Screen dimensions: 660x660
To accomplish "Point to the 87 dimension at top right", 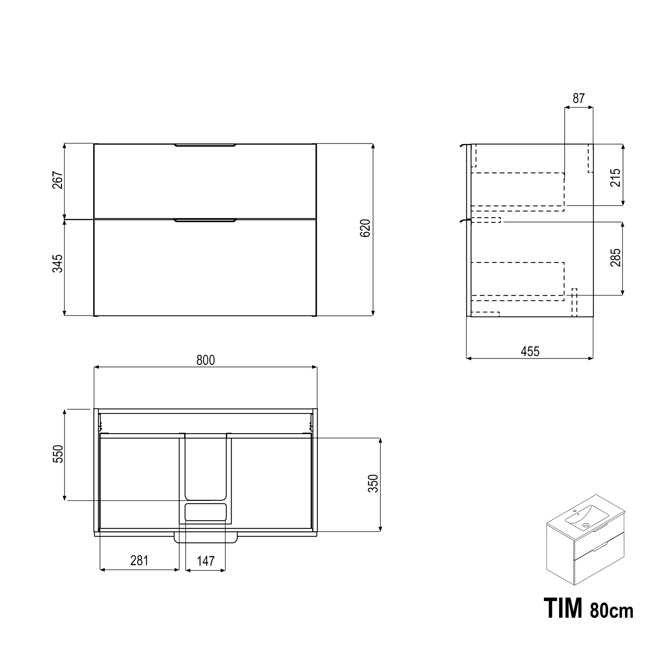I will pyautogui.click(x=579, y=98).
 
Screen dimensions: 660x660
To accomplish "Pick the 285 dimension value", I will pyautogui.click(x=615, y=258).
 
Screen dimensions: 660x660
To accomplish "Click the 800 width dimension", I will pyautogui.click(x=206, y=360).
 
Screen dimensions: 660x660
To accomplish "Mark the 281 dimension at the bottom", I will pyautogui.click(x=139, y=560).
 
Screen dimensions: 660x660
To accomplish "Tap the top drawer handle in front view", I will pyautogui.click(x=205, y=145).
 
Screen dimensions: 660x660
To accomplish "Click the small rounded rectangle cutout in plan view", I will pyautogui.click(x=206, y=512).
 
